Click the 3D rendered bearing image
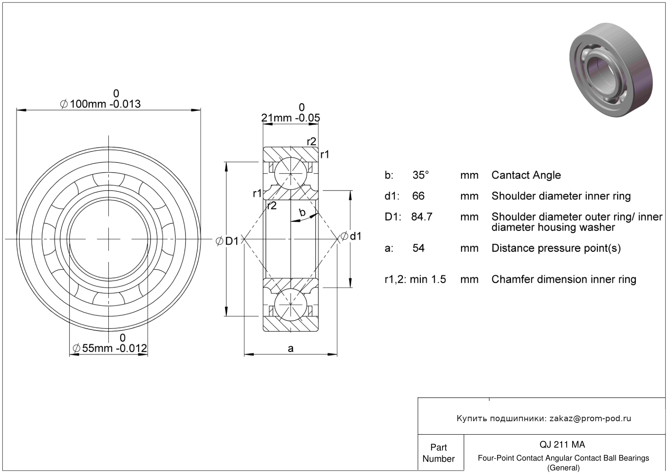point(611,70)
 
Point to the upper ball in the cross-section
point(291,173)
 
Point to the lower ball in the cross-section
point(291,305)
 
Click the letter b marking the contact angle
point(302,212)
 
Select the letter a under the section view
point(291,348)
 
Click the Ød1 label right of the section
point(351,236)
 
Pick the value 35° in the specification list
point(420,175)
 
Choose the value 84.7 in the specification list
point(422,217)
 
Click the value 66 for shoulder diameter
point(418,196)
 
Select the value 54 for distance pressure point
point(418,248)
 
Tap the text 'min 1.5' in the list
point(428,279)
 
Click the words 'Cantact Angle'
point(526,175)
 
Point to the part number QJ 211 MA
point(562,445)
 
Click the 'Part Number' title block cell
point(438,453)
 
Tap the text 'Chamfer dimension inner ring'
point(564,279)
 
